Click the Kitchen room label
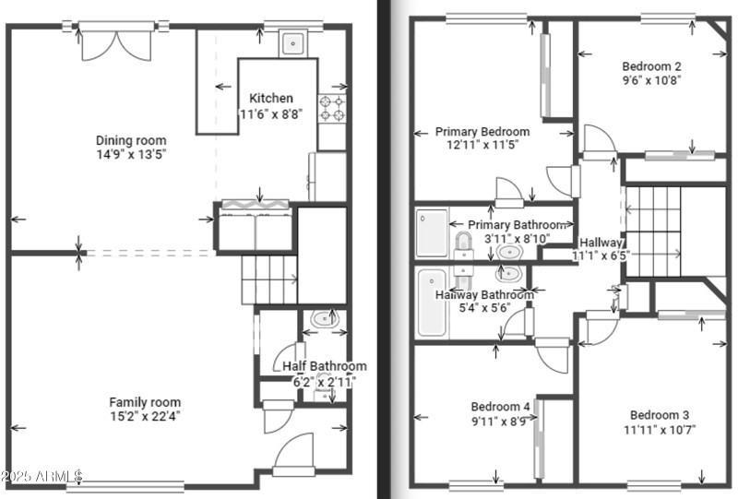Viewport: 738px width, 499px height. click(271, 99)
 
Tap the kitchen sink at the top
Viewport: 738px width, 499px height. click(293, 42)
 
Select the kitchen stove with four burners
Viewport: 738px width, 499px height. click(331, 108)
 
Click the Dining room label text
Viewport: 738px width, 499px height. click(132, 140)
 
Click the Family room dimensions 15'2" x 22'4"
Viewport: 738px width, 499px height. click(145, 417)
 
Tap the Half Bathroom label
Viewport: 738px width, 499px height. click(324, 366)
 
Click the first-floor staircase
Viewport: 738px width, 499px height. click(270, 279)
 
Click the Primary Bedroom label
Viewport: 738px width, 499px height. click(482, 132)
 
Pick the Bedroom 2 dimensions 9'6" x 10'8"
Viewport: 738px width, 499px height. click(651, 80)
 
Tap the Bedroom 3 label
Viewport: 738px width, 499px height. click(661, 415)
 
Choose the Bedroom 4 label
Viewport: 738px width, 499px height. click(501, 407)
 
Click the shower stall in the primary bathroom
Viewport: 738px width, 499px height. click(431, 232)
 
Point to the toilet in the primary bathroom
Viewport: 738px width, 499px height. click(463, 247)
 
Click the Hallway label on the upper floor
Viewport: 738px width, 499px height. click(601, 241)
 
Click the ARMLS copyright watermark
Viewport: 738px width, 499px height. click(42, 477)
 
